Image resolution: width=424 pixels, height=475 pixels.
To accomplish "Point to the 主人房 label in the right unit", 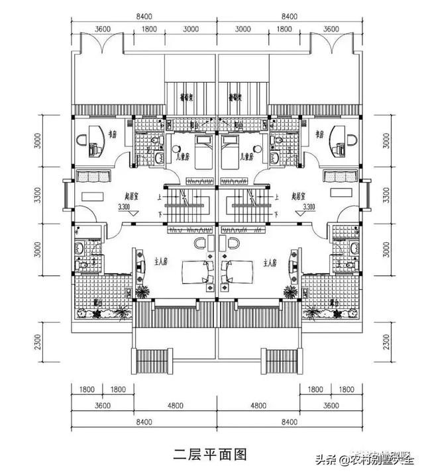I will pos(269,262).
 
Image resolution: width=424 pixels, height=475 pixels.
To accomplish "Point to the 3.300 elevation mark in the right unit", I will pos(306,207).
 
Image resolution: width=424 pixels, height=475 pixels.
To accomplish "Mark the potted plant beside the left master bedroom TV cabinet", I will pos(141,291).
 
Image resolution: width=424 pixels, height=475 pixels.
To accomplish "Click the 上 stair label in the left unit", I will pos(159,196).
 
